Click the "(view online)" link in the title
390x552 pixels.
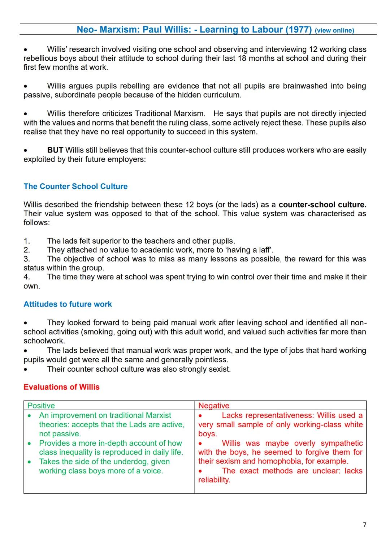tap(334, 30)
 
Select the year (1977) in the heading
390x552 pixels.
tap(298, 30)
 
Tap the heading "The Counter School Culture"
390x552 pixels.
tap(75, 187)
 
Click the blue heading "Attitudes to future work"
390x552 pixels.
tap(68, 304)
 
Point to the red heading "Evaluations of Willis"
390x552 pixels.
tap(61, 387)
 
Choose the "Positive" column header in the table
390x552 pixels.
tap(41, 406)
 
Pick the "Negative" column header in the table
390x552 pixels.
tap(214, 406)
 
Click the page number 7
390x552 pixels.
tap(364, 525)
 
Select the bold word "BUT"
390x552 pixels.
tap(55, 150)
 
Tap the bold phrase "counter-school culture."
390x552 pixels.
tap(322, 205)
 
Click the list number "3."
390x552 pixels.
tap(27, 259)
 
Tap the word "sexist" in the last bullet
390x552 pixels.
tap(218, 369)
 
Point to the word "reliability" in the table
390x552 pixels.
tap(213, 480)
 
